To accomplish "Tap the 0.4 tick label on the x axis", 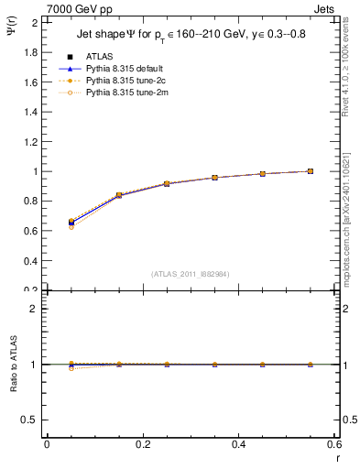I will tap(239, 444).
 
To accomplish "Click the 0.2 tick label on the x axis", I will tap(143, 444).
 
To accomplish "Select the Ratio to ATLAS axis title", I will tap(13, 365).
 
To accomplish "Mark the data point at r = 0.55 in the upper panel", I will tap(311, 171).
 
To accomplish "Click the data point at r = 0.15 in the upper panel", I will tap(119, 195).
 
